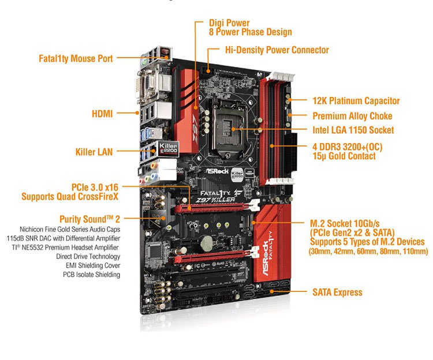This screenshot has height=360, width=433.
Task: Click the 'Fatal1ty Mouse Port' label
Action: (76, 58)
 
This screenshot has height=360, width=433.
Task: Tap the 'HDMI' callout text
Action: (102, 114)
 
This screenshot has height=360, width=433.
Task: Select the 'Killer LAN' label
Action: (94, 152)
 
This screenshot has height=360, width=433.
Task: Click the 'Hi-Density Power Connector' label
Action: (277, 50)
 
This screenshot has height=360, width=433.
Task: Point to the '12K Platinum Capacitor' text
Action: (356, 101)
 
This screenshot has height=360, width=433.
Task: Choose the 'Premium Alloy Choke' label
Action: (352, 116)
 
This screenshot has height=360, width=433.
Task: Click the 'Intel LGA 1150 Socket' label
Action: (353, 130)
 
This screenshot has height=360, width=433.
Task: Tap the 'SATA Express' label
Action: (338, 292)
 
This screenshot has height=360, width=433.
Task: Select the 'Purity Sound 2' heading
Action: (89, 219)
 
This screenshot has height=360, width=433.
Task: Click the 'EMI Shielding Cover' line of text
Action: (93, 265)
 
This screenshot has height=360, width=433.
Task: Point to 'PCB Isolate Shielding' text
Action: (91, 275)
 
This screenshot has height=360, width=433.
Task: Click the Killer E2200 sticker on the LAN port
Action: (168, 149)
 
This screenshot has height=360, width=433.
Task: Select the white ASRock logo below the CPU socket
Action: (218, 171)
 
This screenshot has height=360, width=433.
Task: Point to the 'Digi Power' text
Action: (229, 23)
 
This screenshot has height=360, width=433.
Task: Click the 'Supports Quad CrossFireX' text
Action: (70, 197)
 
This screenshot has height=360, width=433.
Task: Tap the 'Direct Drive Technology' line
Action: (88, 256)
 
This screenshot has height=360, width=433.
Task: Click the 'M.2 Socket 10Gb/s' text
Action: (345, 223)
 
